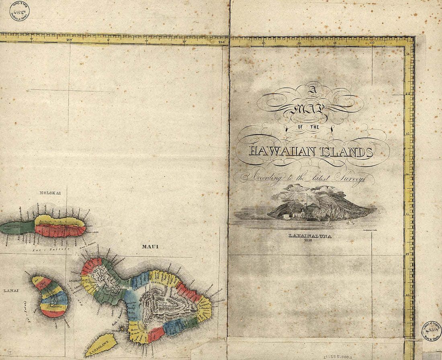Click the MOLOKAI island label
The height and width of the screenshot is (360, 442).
(50, 193)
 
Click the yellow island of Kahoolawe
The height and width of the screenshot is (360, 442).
(101, 344)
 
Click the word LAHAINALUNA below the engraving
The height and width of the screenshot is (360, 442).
(310, 236)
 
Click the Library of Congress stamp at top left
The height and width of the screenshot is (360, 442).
(19, 11)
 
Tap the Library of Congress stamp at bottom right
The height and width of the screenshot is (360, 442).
(432, 331)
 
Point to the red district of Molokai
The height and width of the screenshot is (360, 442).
(60, 231)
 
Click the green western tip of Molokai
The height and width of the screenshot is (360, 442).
(16, 228)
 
